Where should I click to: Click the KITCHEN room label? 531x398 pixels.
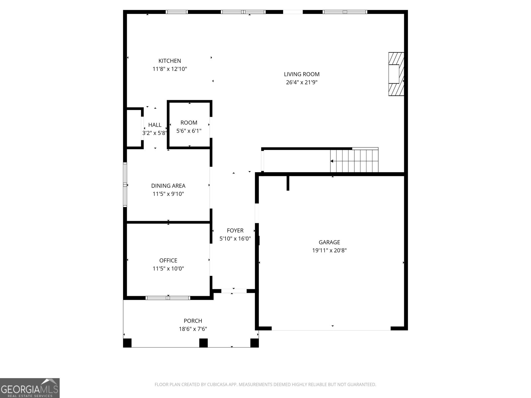point(170,61)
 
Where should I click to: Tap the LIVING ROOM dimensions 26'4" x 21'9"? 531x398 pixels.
point(302,82)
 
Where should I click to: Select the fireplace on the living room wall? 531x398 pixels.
point(396,74)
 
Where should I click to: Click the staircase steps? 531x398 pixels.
point(354,161)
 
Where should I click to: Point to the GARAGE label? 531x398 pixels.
point(329,242)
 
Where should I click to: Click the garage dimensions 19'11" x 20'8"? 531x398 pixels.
point(329,250)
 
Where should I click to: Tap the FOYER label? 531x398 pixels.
point(235,231)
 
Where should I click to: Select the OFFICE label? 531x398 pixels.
point(168,260)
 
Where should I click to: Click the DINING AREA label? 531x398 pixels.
point(168,186)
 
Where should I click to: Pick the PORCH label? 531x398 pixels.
point(193,321)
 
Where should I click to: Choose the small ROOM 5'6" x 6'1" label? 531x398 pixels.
point(189,127)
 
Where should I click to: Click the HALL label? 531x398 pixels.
point(155,125)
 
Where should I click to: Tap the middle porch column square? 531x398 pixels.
point(203,343)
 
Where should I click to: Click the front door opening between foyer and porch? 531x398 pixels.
point(234,291)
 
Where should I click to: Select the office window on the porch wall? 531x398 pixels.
point(168,298)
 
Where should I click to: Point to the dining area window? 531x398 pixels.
point(125,185)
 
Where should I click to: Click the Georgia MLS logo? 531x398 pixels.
point(30,388)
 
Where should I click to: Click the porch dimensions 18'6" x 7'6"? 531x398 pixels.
point(193,329)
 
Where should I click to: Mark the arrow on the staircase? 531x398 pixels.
point(335,161)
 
